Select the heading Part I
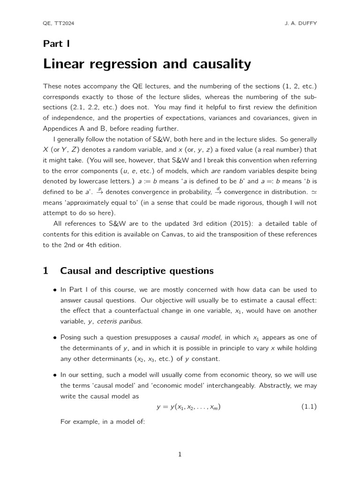point(56,44)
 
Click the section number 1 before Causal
point(46,271)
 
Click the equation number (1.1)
point(308,407)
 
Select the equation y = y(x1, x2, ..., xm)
point(188,407)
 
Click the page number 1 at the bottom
point(180,454)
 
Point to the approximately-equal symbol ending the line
point(314,192)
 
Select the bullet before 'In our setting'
point(55,375)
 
